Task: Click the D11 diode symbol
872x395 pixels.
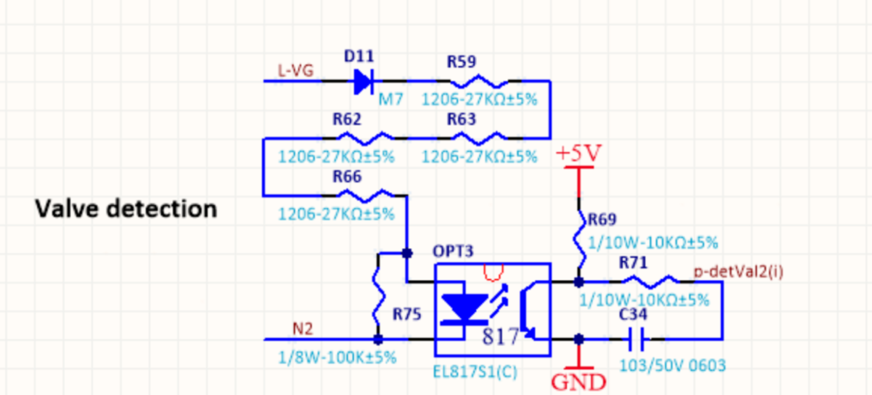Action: (364, 82)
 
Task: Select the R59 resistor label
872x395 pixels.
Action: (461, 62)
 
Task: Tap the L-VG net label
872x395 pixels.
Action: (295, 71)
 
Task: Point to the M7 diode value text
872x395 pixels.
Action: (390, 99)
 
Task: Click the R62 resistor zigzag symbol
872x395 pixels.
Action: (365, 138)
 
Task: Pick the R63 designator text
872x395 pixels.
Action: (461, 119)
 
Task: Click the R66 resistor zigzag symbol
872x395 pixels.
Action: (365, 195)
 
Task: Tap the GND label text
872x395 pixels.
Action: (578, 382)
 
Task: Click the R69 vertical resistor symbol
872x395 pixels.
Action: (579, 240)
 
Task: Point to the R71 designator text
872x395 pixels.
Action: (633, 263)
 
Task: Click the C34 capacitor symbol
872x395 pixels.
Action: (637, 339)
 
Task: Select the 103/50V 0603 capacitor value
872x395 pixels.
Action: (672, 365)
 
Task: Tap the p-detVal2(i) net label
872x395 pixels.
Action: (739, 271)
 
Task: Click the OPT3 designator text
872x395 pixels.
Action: (453, 251)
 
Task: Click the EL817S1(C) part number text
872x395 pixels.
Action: (475, 372)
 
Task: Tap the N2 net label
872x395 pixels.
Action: (303, 329)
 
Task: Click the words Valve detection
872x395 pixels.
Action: (126, 209)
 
